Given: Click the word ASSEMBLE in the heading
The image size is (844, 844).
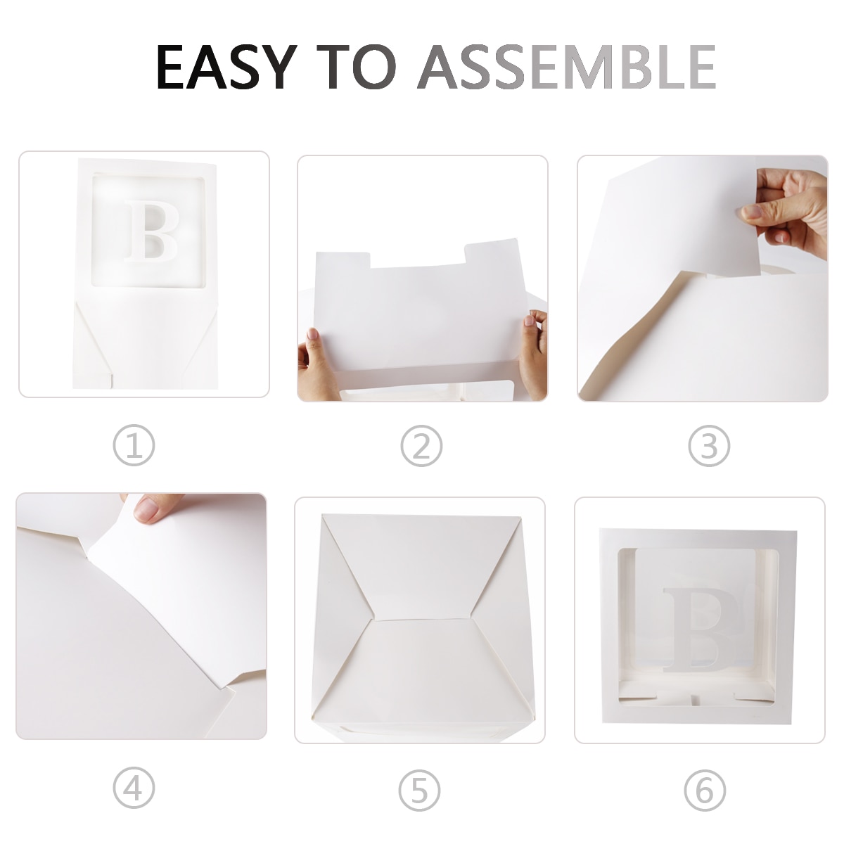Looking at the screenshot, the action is (x=567, y=67).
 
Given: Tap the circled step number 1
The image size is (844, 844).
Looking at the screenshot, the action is (x=134, y=445).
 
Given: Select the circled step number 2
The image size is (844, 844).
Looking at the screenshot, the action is (x=421, y=445).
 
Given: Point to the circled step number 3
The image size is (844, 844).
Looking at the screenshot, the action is (x=709, y=445).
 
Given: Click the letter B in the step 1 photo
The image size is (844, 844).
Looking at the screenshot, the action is (x=151, y=231).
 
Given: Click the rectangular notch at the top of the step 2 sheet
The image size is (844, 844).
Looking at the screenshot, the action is (x=417, y=257).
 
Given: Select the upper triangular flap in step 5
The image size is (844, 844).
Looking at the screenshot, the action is (x=421, y=570).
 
